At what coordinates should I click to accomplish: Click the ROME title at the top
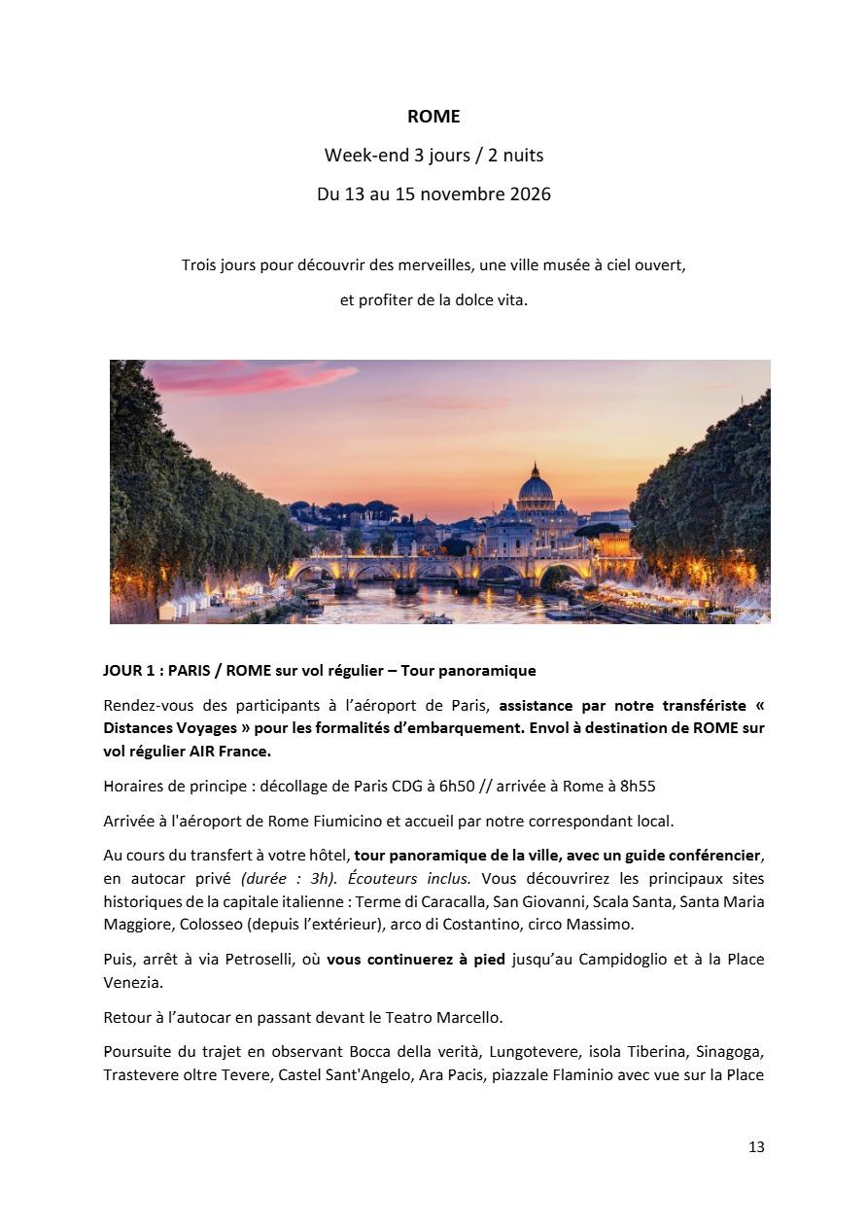[433, 117]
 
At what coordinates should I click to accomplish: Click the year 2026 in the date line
[529, 194]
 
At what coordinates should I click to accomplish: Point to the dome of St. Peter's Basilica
[536, 486]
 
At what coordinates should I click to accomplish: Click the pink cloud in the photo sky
[253, 377]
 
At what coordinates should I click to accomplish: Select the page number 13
[756, 1147]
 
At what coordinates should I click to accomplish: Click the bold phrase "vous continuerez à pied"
[416, 960]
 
